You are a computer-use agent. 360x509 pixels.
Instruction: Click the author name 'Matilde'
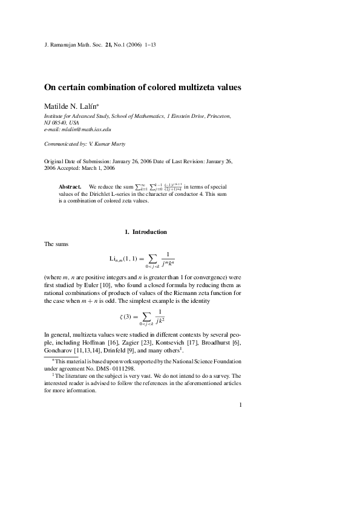click(58, 106)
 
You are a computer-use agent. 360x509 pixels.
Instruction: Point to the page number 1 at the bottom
click(240, 405)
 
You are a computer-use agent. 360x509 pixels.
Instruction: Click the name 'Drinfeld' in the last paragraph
click(136, 350)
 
